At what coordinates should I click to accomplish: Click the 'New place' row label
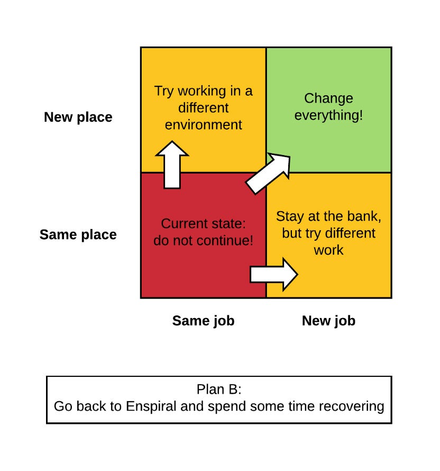click(x=78, y=117)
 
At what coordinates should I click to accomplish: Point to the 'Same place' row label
click(x=78, y=234)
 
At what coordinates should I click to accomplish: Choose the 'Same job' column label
click(x=203, y=320)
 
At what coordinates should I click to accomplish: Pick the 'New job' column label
click(x=328, y=320)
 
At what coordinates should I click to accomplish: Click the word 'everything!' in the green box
click(x=329, y=115)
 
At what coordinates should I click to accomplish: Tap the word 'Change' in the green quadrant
click(x=329, y=98)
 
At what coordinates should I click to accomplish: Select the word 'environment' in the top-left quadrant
click(x=203, y=125)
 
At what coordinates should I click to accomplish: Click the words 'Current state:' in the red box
click(x=203, y=223)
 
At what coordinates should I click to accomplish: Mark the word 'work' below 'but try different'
click(x=328, y=250)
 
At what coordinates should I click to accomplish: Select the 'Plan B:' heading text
click(x=219, y=390)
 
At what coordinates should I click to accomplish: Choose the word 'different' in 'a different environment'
click(x=203, y=108)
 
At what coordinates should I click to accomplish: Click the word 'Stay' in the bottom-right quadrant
click(x=289, y=216)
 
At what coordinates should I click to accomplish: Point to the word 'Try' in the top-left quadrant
click(x=164, y=91)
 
